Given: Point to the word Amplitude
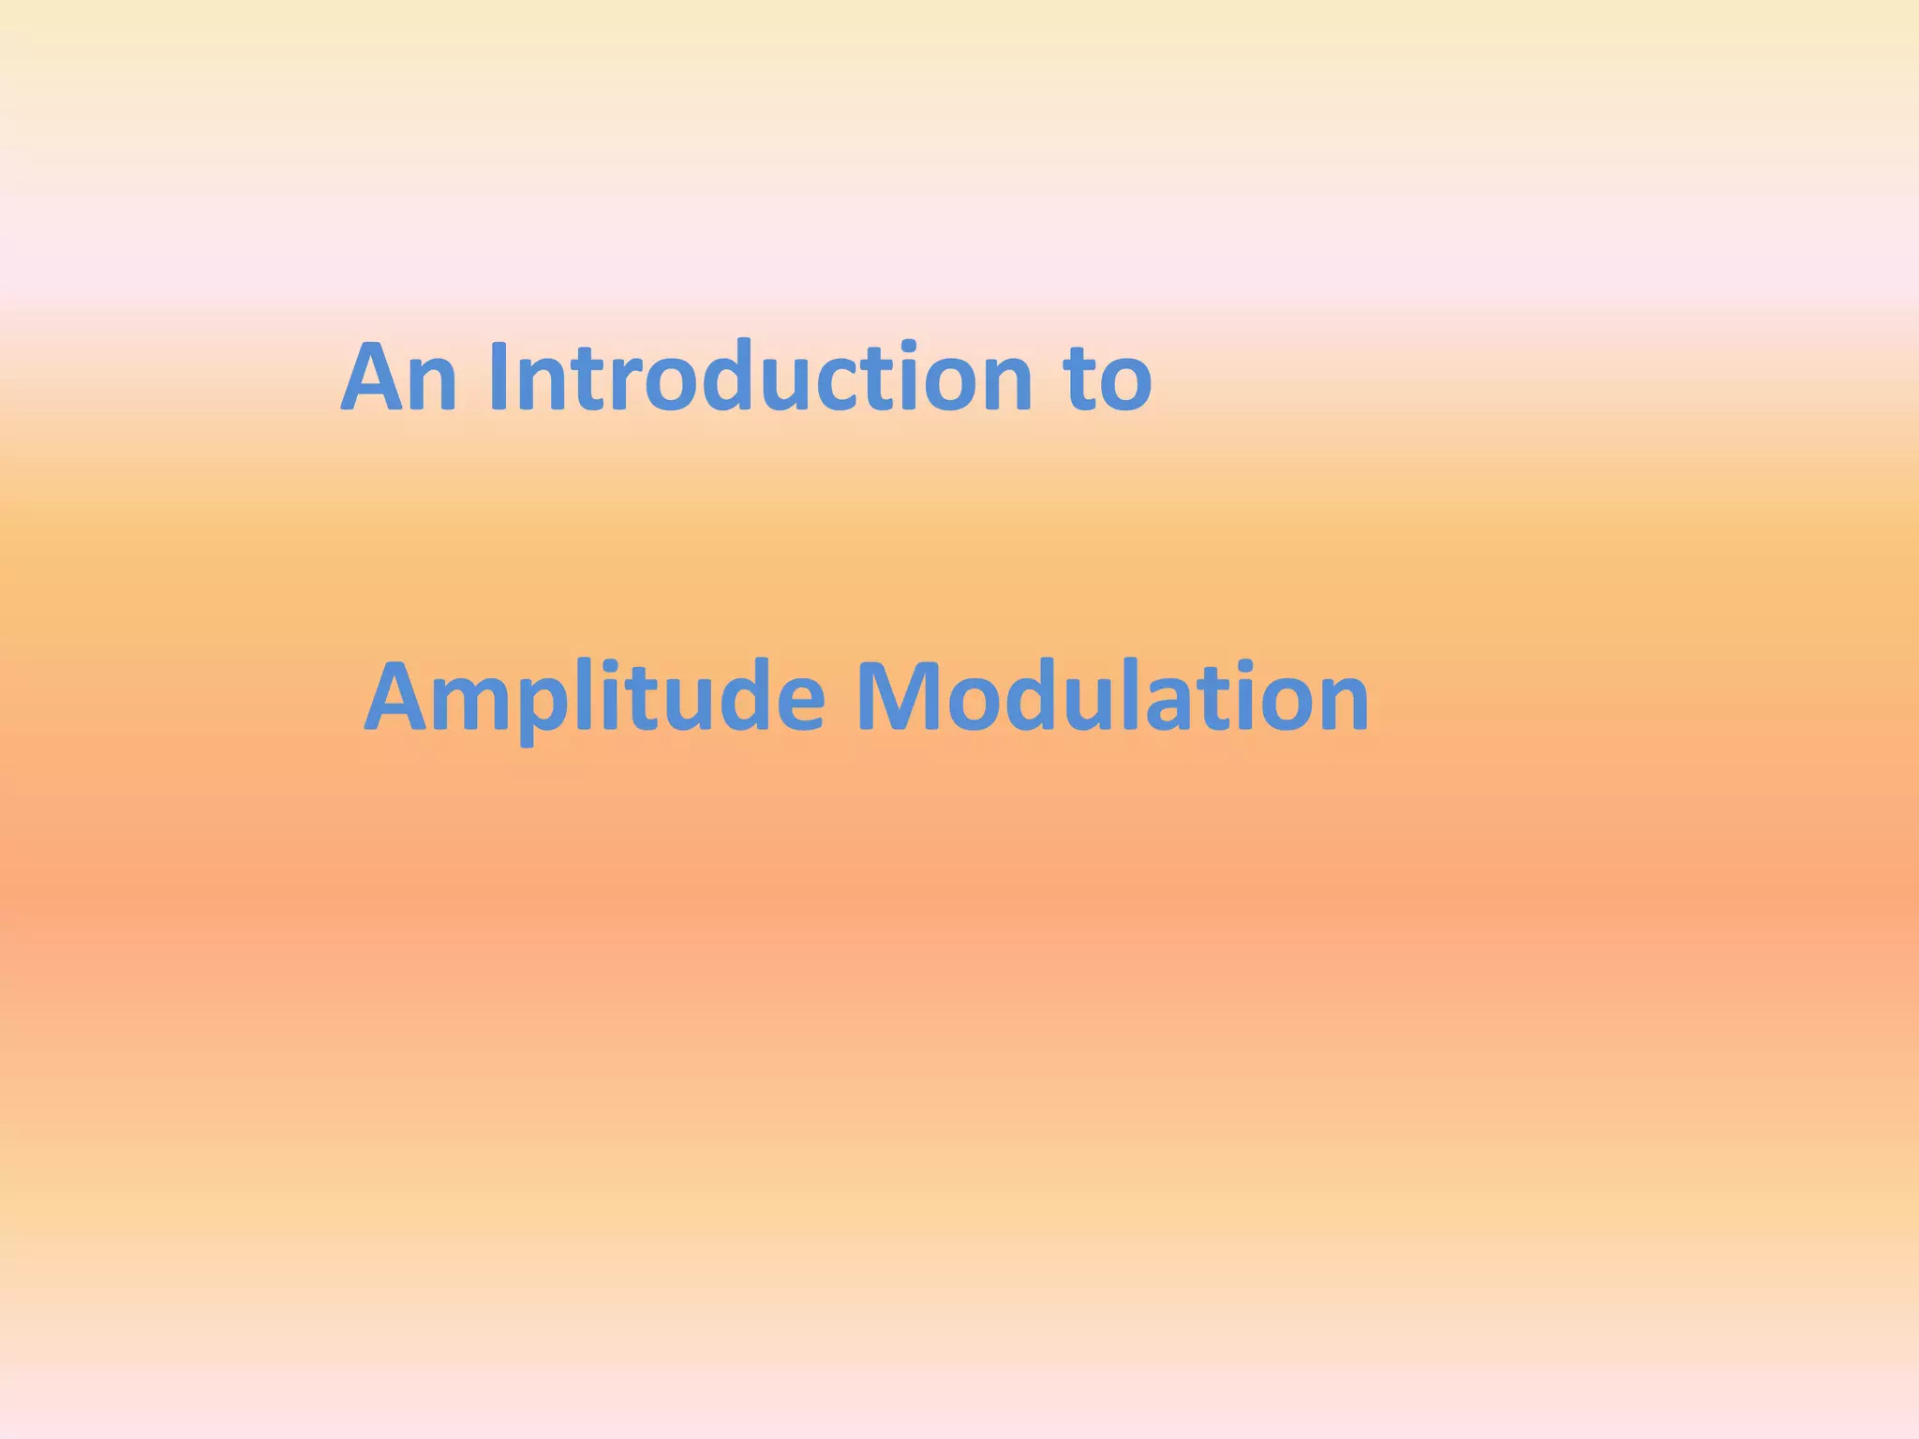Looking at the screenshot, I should click(x=594, y=698).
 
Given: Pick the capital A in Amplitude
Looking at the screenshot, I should click(x=402, y=698).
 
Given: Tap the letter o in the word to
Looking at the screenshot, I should click(x=1124, y=387).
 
